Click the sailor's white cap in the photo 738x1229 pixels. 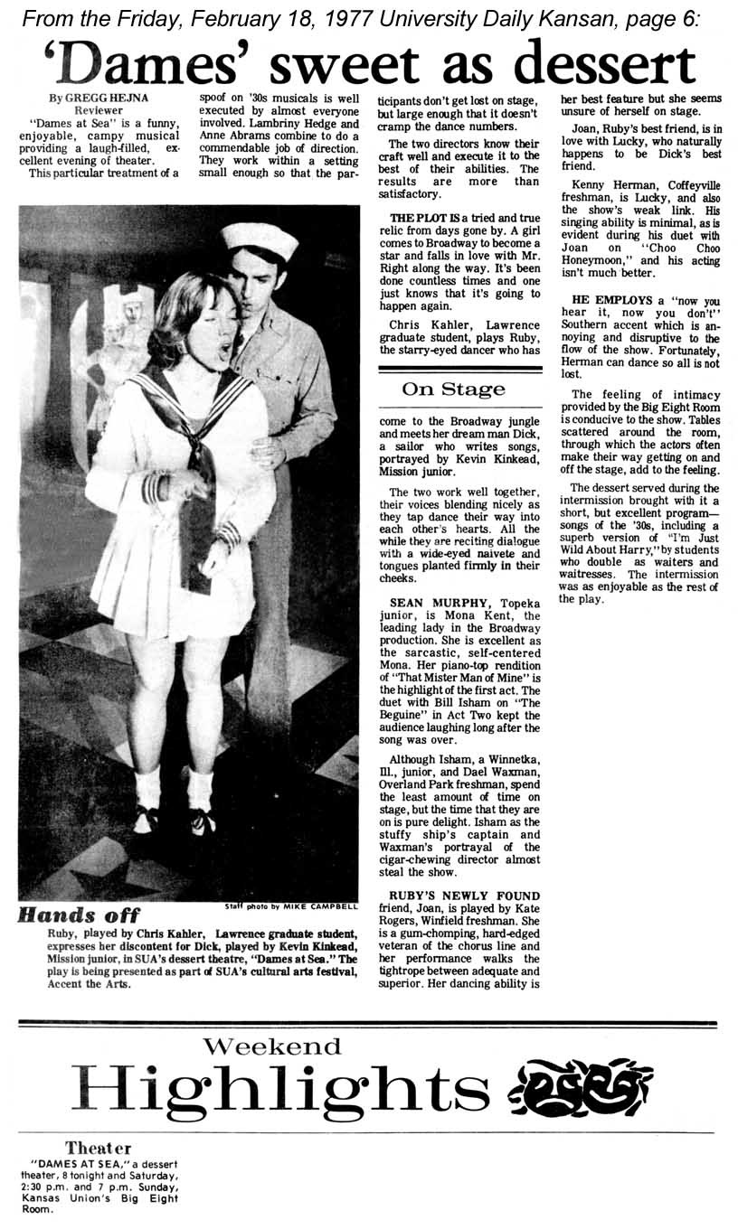(x=260, y=239)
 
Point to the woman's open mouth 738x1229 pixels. (x=222, y=346)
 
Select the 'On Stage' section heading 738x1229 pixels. (x=453, y=389)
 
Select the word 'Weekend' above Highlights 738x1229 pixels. (x=271, y=1046)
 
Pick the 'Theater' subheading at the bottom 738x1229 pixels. (x=98, y=1148)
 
